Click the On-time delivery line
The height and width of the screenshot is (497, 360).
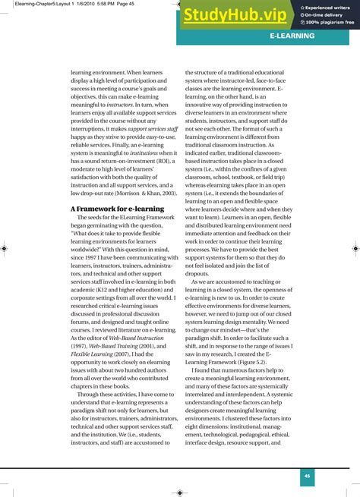(x=325, y=14)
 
